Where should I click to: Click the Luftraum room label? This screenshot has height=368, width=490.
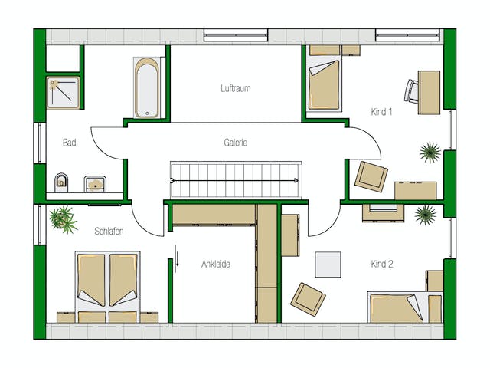point(236,88)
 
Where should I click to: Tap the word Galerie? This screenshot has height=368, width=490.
point(236,143)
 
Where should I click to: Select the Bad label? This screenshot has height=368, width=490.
point(70,143)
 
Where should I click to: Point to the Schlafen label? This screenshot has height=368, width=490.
point(109,232)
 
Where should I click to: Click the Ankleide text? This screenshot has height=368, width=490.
point(216,264)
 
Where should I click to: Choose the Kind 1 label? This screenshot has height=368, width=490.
point(381,112)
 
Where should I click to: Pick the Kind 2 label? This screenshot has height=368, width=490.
point(382,264)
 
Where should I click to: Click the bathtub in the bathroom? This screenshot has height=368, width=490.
point(147,87)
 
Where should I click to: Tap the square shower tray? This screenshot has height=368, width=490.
point(63,93)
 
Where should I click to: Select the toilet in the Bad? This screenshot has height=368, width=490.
point(61,182)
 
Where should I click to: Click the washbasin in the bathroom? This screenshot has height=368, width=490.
point(95,184)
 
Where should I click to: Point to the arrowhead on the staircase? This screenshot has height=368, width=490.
point(296,181)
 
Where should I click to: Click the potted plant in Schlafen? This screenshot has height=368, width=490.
point(63,219)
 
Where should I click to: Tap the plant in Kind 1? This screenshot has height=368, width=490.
point(430,153)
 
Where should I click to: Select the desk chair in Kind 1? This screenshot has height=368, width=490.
point(411,91)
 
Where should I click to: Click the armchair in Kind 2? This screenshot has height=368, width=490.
point(308,299)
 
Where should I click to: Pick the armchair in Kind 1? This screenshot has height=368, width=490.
point(371,176)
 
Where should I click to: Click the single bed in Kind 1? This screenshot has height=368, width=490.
point(324,85)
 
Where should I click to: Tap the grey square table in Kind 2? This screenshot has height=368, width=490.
point(328,264)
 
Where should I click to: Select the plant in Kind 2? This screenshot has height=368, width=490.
point(426,215)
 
